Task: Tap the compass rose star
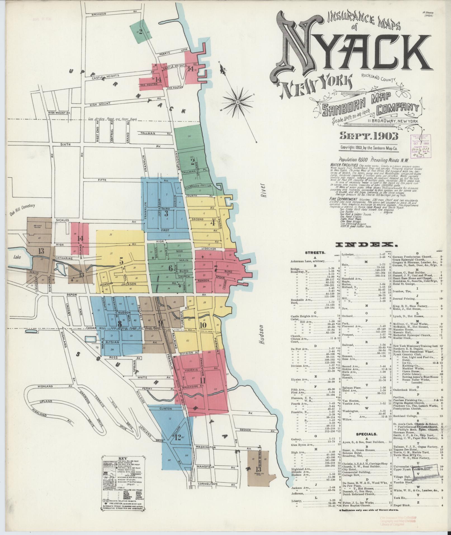click(x=237, y=102)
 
